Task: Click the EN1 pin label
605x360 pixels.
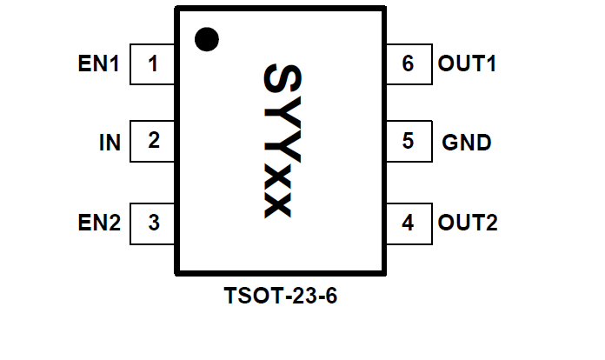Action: click(98, 64)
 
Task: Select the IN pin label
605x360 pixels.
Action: click(110, 142)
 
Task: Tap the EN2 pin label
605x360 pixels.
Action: click(98, 223)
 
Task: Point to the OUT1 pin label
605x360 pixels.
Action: click(468, 63)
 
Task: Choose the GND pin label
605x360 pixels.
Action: click(467, 142)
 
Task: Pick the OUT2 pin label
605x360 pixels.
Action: click(468, 223)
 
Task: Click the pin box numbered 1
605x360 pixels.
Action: click(153, 64)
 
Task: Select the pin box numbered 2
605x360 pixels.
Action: click(153, 141)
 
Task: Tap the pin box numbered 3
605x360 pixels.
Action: click(153, 223)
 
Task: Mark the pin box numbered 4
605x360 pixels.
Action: click(408, 223)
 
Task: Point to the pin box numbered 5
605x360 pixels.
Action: click(408, 141)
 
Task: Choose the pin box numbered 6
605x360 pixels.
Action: click(408, 64)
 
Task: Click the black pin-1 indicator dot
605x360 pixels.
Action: click(206, 39)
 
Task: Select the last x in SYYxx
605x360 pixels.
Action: click(279, 203)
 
